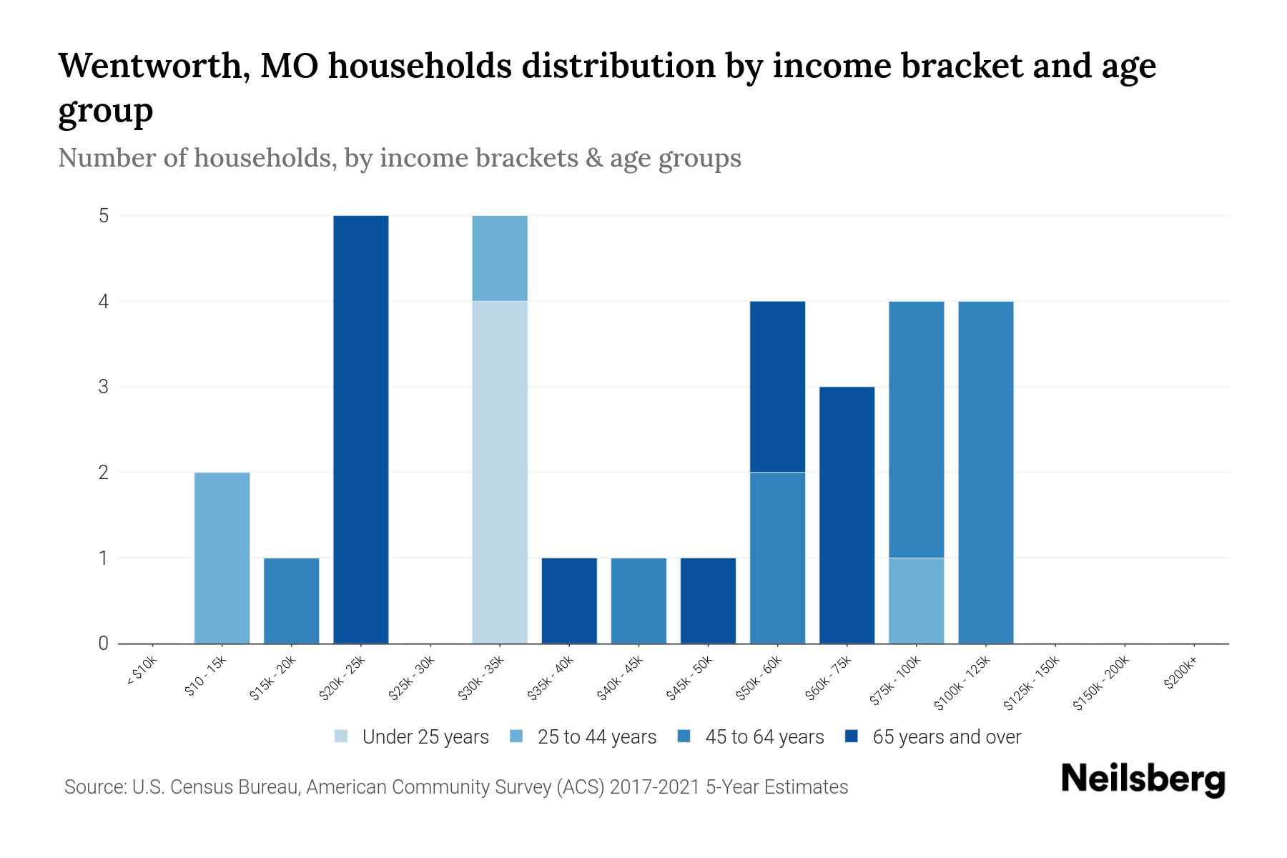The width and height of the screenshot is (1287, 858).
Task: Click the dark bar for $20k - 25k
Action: coord(361,429)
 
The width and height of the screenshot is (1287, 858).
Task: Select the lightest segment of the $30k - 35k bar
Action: coord(500,472)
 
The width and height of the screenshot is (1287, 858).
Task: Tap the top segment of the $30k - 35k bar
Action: coord(500,258)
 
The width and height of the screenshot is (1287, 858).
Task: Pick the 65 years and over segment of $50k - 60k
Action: coord(777,386)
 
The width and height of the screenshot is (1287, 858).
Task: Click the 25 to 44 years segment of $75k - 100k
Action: coord(916,601)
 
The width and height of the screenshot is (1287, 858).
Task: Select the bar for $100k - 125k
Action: coord(985,472)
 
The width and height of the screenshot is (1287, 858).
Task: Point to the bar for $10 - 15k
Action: coord(222,558)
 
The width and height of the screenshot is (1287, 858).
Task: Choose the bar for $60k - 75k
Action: coord(847,515)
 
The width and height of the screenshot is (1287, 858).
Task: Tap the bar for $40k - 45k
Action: coord(638,601)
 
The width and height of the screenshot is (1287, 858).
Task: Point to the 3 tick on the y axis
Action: coord(104,387)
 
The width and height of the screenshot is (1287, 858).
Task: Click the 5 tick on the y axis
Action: coord(104,215)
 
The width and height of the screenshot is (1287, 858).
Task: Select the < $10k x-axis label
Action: coord(142,672)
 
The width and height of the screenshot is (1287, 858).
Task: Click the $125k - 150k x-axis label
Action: coord(1031,683)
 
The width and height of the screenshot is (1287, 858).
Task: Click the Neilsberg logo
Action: coord(1143,780)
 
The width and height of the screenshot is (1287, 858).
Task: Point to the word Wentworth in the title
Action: coord(154,66)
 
